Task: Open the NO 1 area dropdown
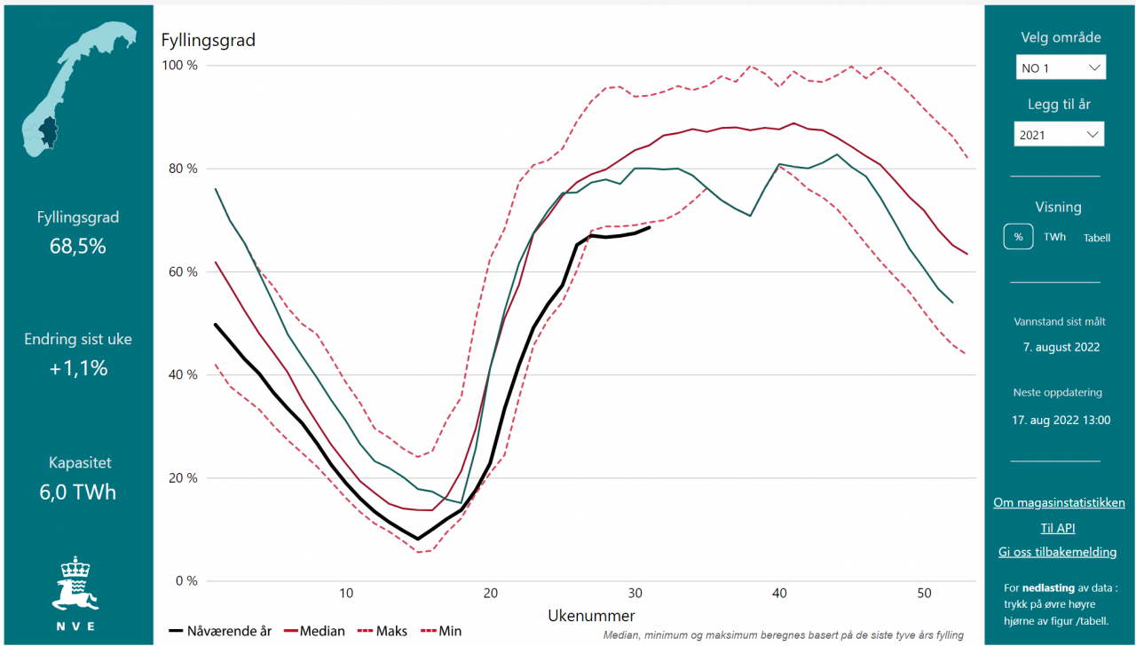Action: pyautogui.click(x=1061, y=67)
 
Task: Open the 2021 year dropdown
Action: pyautogui.click(x=1059, y=135)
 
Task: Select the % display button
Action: pyautogui.click(x=1018, y=237)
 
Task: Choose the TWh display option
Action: pyautogui.click(x=1054, y=237)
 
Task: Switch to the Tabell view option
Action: pyautogui.click(x=1096, y=238)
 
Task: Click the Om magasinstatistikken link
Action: pyautogui.click(x=1059, y=502)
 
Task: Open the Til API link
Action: pyautogui.click(x=1058, y=528)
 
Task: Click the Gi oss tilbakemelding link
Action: pyautogui.click(x=1057, y=552)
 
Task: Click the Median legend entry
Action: pyautogui.click(x=314, y=631)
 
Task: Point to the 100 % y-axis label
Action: pyautogui.click(x=179, y=66)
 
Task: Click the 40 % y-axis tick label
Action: pyautogui.click(x=182, y=374)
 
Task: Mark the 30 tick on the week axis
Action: pyautogui.click(x=635, y=593)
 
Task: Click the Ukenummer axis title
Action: pyautogui.click(x=591, y=615)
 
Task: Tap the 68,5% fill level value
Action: pyautogui.click(x=78, y=246)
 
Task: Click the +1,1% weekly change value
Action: pyautogui.click(x=78, y=368)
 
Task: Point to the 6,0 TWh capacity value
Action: pyautogui.click(x=78, y=492)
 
